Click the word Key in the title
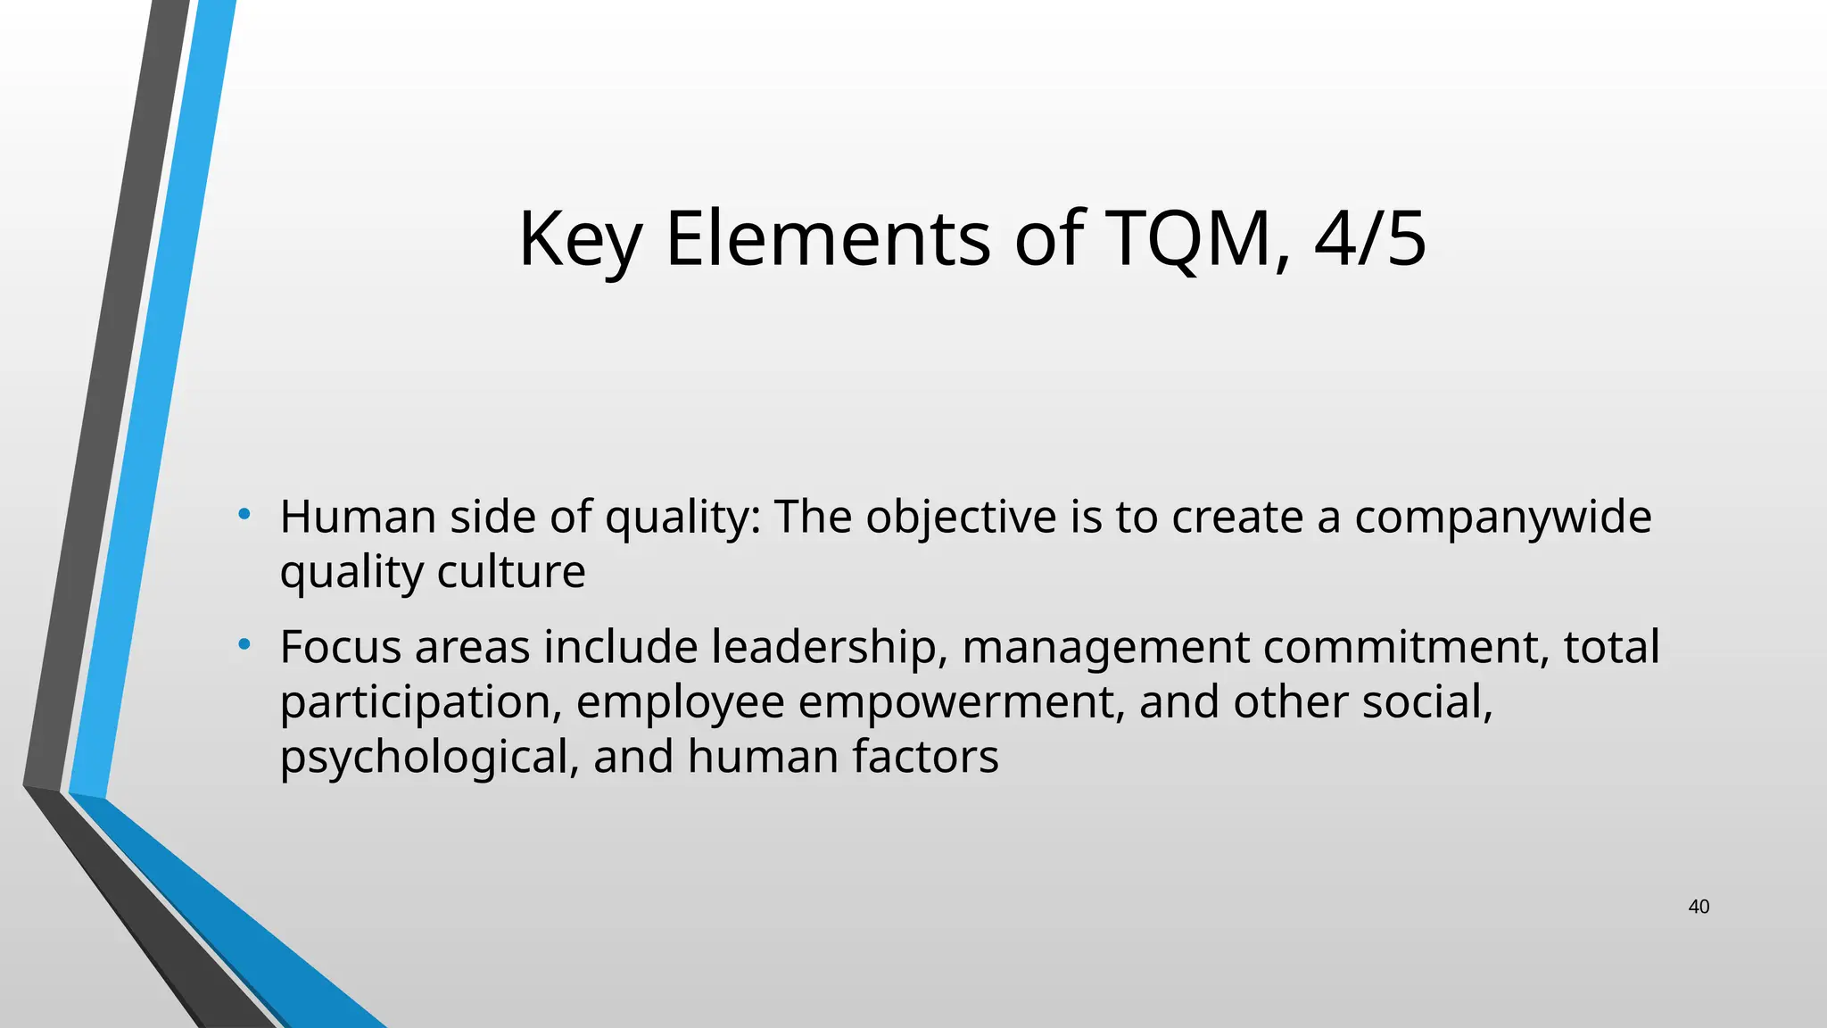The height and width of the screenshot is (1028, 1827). [x=579, y=239]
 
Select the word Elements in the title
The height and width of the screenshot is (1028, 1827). [x=828, y=239]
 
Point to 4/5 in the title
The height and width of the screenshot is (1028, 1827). [x=1370, y=239]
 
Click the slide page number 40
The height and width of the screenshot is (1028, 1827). [x=1699, y=908]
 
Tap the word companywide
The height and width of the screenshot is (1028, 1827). [x=1503, y=517]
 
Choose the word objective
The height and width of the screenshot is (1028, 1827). [x=961, y=517]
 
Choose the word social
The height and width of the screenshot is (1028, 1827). [x=1427, y=702]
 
